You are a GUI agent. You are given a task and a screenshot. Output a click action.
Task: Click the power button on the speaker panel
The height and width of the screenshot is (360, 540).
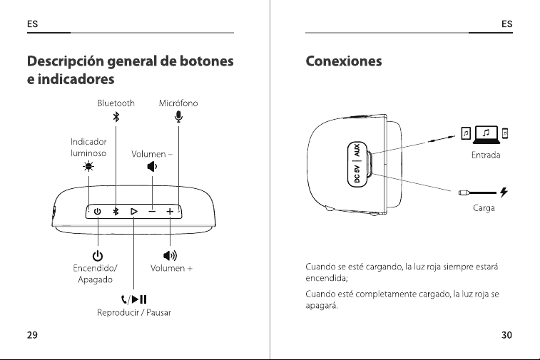98,211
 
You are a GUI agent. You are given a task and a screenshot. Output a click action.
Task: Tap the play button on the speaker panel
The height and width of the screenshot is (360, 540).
134,211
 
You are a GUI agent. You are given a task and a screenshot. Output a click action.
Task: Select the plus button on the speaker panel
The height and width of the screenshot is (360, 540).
170,211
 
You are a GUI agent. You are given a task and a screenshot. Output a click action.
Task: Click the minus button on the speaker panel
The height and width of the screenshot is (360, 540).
152,211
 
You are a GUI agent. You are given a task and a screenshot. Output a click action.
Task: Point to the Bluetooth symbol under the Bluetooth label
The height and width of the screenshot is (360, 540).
116,117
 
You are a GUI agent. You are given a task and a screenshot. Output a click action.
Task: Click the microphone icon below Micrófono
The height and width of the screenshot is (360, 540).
178,117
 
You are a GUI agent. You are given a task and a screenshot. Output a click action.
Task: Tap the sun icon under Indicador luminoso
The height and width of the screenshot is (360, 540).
88,167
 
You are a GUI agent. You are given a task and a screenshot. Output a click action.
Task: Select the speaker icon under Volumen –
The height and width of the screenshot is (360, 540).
152,167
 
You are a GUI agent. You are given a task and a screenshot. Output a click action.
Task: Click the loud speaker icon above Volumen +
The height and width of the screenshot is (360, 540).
170,255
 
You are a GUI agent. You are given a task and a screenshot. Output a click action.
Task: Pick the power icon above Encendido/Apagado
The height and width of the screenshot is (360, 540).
98,256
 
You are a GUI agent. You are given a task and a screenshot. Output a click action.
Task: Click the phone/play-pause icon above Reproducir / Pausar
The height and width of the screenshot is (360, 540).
134,299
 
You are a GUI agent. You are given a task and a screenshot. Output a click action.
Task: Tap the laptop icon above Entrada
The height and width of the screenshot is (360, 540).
486,135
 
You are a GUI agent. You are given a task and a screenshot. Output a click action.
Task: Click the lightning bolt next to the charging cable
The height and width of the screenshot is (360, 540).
504,192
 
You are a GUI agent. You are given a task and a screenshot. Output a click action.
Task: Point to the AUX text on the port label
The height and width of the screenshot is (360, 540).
357,150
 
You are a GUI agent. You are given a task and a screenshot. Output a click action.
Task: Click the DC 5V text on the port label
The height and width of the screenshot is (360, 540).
357,174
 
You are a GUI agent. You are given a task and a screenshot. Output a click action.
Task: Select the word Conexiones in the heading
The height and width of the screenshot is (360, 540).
344,61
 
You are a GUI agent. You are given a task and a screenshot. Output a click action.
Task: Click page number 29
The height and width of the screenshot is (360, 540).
32,335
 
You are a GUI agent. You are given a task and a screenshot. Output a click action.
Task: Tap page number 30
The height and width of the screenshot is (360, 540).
506,335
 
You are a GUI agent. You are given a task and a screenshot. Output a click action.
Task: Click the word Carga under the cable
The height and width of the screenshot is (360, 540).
484,208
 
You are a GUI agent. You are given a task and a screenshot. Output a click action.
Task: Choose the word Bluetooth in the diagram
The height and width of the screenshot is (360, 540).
116,103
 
